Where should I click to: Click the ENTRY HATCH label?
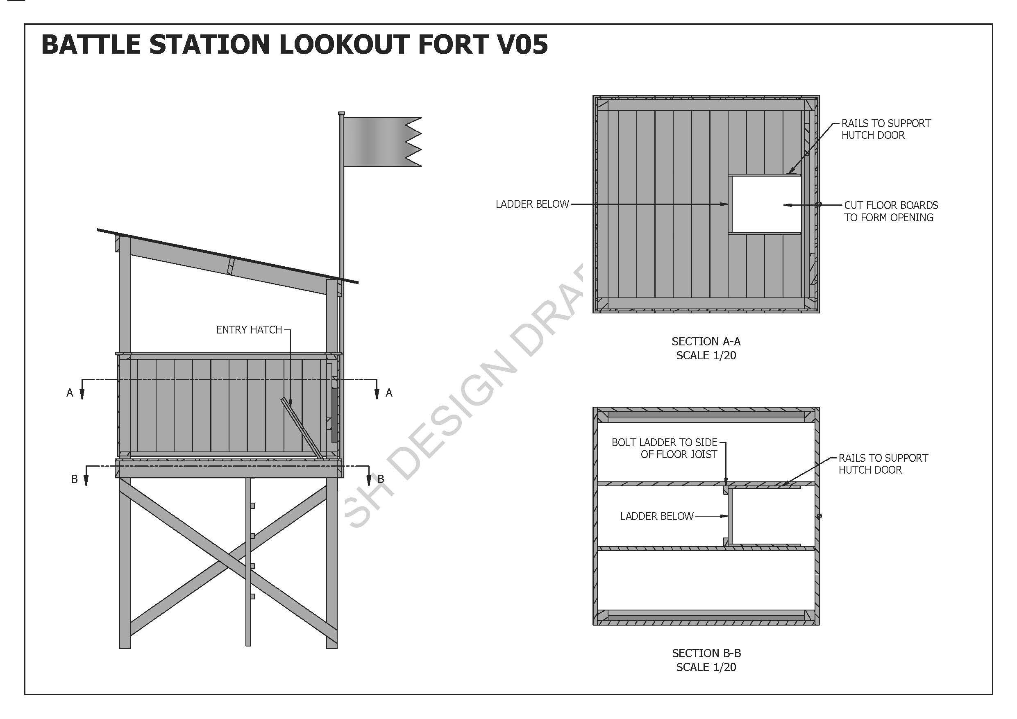pyautogui.click(x=249, y=330)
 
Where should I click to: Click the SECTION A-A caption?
pyautogui.click(x=706, y=342)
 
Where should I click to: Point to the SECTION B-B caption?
pyautogui.click(x=706, y=653)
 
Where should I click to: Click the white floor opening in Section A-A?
pyautogui.click(x=765, y=204)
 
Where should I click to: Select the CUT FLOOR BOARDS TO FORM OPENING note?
pyautogui.click(x=890, y=211)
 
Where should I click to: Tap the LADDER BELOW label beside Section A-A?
pyautogui.click(x=532, y=204)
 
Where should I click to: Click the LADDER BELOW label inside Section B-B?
pyautogui.click(x=656, y=516)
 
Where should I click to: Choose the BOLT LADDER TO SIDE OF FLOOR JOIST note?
pyautogui.click(x=665, y=448)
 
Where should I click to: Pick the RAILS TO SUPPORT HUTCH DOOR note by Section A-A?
pyautogui.click(x=886, y=129)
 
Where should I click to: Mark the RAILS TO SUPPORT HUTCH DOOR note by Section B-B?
pyautogui.click(x=883, y=464)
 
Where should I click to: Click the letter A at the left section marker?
pyautogui.click(x=70, y=393)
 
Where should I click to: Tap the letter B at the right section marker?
pyautogui.click(x=381, y=479)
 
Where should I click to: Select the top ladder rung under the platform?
pyautogui.click(x=252, y=506)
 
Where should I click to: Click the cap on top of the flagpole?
pyautogui.click(x=341, y=113)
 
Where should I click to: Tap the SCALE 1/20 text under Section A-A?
pyautogui.click(x=706, y=355)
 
